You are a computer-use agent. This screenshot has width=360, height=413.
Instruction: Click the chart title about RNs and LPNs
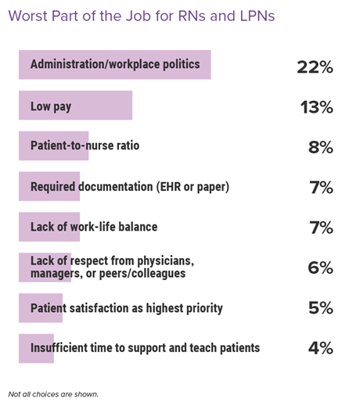(142, 16)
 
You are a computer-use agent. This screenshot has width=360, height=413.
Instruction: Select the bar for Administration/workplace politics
(115, 64)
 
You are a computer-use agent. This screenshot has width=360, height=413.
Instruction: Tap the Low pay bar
(76, 106)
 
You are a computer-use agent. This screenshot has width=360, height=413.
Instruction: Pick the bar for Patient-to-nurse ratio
(54, 145)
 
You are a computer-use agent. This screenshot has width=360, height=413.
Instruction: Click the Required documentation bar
(49, 186)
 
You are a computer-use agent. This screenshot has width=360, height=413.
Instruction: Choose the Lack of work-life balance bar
(49, 227)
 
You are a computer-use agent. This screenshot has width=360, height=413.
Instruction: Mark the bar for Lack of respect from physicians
(45, 268)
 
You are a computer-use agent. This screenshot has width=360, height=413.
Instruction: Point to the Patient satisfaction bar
(41, 308)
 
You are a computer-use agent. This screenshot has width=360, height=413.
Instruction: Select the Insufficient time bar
(36, 349)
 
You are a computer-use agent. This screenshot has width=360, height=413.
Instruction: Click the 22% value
(315, 67)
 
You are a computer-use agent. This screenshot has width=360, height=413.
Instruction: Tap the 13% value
(316, 107)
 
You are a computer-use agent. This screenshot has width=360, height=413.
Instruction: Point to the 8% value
(321, 147)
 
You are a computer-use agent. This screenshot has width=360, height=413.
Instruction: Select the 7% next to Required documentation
(321, 188)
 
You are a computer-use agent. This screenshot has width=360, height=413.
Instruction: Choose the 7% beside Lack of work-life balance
(321, 228)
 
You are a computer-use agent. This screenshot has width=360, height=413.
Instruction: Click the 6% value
(320, 268)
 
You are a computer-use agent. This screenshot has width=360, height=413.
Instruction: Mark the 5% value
(321, 307)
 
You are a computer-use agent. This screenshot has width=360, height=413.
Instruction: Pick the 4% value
(321, 347)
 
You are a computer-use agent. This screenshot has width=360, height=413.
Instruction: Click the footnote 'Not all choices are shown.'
(53, 394)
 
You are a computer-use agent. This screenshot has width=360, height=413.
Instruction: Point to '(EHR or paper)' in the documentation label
(193, 187)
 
